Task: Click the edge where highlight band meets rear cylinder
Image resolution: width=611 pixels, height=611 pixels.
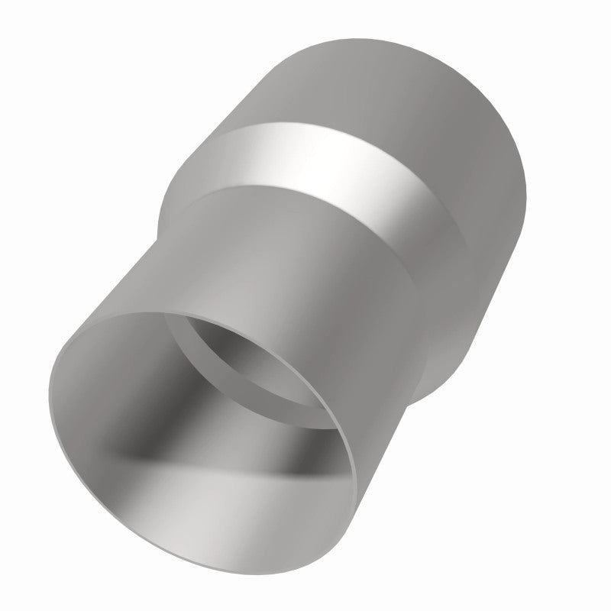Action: [344, 126]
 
